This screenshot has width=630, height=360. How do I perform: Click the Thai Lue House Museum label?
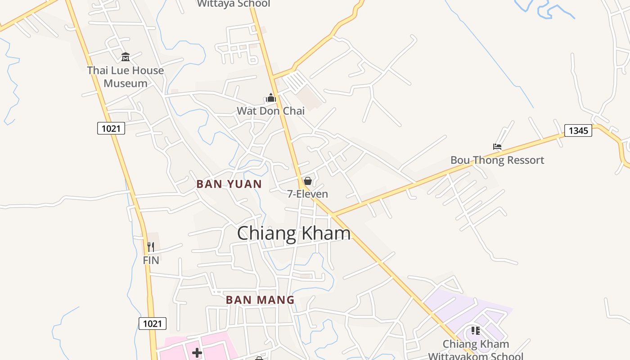pyautogui.click(x=125, y=77)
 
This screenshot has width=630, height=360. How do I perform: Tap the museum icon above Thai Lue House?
pyautogui.click(x=126, y=57)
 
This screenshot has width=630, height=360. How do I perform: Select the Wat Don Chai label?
pyautogui.click(x=270, y=111)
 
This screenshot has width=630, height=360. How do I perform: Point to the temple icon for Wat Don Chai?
pyautogui.click(x=270, y=98)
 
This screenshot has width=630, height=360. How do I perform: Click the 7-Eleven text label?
pyautogui.click(x=308, y=194)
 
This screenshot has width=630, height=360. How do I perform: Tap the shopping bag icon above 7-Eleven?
pyautogui.click(x=308, y=181)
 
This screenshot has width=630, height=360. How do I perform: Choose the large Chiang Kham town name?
pyautogui.click(x=293, y=234)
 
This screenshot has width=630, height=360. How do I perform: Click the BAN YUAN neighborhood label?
pyautogui.click(x=229, y=184)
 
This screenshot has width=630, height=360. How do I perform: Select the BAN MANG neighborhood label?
pyautogui.click(x=260, y=300)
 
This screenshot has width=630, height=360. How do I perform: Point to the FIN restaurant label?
pyautogui.click(x=151, y=260)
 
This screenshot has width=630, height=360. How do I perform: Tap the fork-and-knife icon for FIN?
pyautogui.click(x=151, y=247)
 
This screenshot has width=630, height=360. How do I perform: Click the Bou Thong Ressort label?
pyautogui.click(x=497, y=160)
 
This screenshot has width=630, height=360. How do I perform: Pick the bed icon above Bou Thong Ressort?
pyautogui.click(x=497, y=147)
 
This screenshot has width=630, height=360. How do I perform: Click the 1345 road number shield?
pyautogui.click(x=578, y=130)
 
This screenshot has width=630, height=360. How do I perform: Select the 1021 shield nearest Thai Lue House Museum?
pyautogui.click(x=111, y=129)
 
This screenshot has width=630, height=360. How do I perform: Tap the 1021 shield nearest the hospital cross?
pyautogui.click(x=152, y=323)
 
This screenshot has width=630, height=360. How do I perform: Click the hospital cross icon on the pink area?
pyautogui.click(x=197, y=353)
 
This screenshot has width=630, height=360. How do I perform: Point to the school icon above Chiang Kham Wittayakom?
pyautogui.click(x=476, y=331)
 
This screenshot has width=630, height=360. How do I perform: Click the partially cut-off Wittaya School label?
pyautogui.click(x=234, y=4)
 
